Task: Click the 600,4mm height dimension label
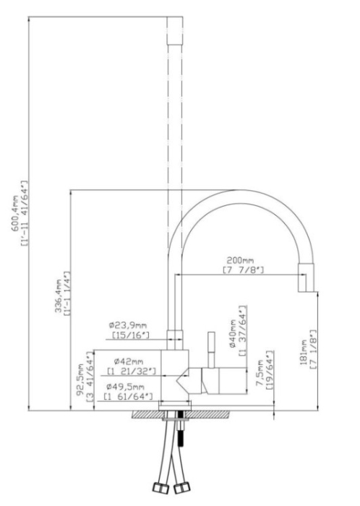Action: tap(15, 214)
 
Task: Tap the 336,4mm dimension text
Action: tap(59, 296)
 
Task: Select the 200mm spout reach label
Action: tap(240, 260)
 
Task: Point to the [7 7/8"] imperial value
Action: tap(243, 269)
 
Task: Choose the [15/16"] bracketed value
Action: tap(131, 335)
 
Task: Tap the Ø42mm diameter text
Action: tap(128, 361)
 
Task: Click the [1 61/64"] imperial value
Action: tap(128, 396)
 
